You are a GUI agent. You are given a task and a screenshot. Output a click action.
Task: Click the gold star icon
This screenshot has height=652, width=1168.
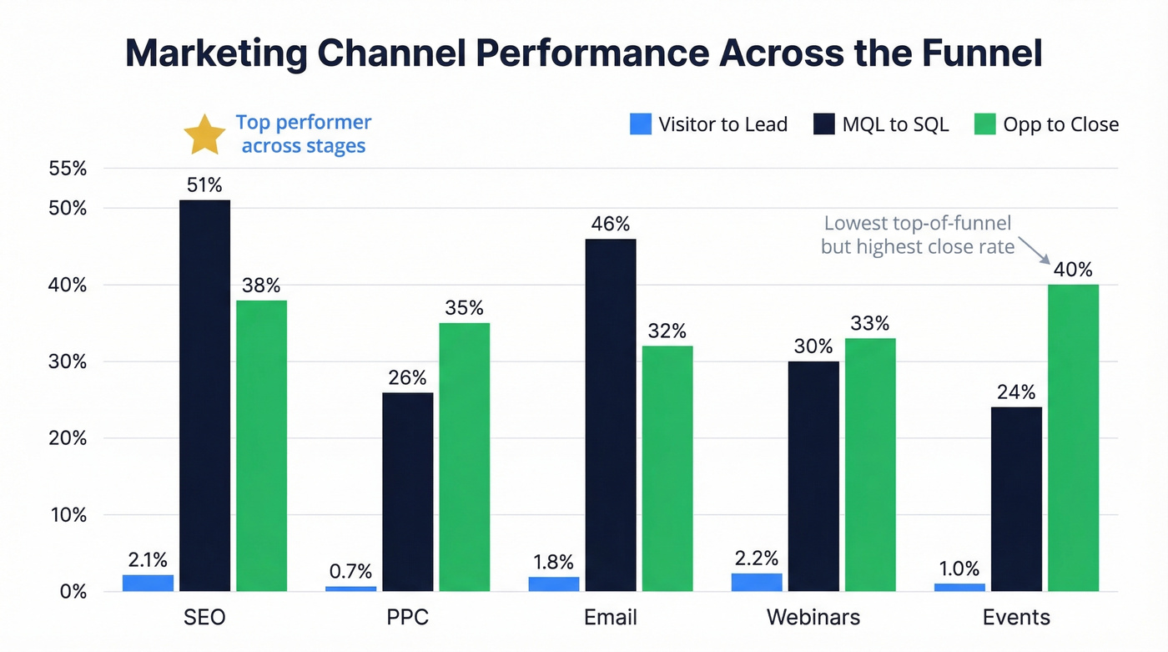204,136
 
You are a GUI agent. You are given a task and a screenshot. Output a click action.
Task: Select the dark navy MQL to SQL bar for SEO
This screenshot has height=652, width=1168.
205,396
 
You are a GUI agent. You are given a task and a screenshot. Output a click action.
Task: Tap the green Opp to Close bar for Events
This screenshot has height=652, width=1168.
1073,437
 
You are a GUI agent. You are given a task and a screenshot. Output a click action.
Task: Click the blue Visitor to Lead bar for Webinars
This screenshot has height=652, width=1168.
757,583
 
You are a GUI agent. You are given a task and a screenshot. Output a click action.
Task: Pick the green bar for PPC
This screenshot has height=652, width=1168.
464,457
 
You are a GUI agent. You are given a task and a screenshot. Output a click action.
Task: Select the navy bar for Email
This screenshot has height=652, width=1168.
611,415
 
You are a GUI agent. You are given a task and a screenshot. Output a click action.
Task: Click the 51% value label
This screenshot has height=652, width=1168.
205,185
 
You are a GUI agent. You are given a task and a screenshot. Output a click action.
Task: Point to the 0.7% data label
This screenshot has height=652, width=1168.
350,572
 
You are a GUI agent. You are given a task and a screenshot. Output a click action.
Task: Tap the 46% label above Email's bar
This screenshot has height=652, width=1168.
611,225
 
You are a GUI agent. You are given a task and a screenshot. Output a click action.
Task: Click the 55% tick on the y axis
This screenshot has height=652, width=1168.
68,169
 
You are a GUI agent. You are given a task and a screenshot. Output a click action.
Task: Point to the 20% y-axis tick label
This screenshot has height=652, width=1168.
68,438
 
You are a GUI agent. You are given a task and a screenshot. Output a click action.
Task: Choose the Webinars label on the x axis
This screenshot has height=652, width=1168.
813,618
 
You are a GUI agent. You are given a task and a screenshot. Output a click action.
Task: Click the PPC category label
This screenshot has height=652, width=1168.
408,618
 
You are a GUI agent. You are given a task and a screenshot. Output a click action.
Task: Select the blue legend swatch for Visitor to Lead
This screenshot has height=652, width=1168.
640,124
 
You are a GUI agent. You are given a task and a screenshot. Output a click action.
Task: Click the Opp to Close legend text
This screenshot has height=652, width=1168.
1060,124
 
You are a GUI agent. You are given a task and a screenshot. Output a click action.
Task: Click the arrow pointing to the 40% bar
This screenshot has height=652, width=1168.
1032,249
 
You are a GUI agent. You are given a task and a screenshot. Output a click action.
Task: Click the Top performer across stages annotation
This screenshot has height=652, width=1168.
303,134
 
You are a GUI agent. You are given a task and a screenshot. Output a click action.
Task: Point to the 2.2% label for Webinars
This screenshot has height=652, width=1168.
757,558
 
